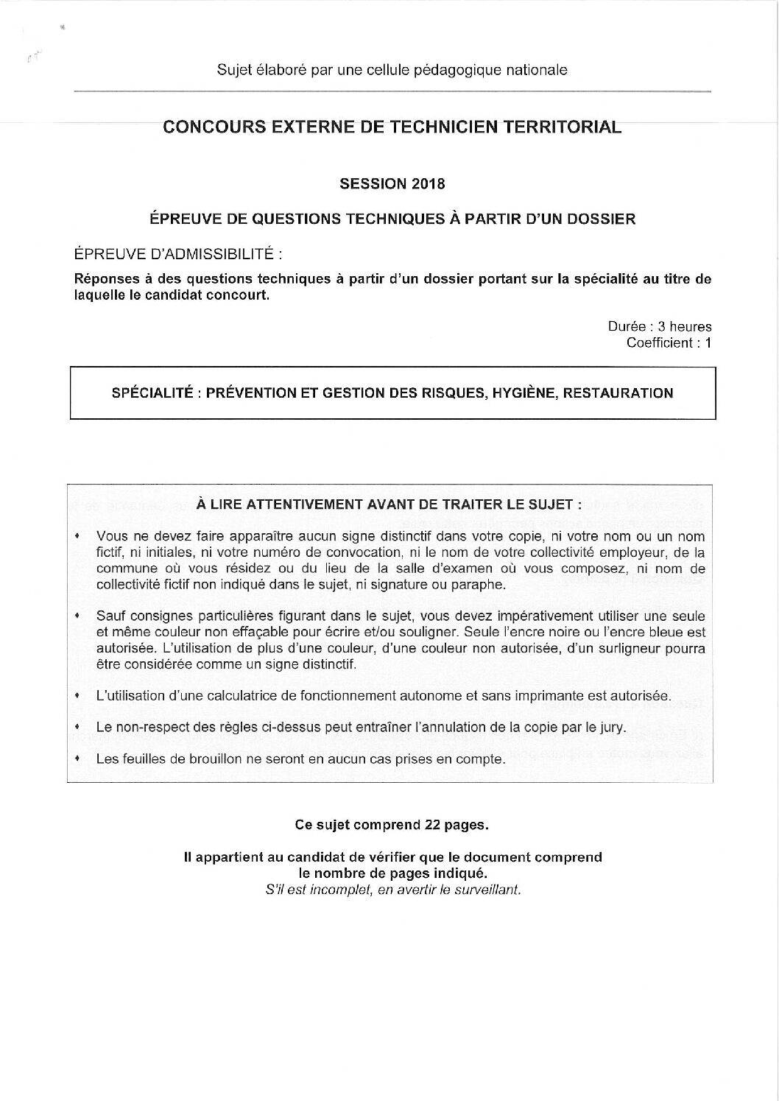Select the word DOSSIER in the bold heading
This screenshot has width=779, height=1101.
602,219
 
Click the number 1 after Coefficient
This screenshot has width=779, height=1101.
708,342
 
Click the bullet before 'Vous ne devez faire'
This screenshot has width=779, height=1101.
77,536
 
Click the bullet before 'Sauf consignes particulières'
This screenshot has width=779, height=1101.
77,616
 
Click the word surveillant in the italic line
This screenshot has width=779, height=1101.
488,889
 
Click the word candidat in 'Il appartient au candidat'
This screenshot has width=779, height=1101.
307,857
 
